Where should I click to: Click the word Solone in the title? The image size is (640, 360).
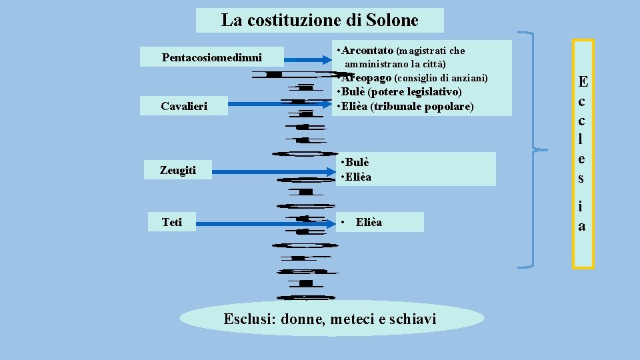point(392,20)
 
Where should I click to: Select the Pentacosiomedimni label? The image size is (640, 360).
point(212,57)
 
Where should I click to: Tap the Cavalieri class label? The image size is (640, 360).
point(184,106)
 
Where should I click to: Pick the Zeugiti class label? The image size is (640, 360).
point(178,171)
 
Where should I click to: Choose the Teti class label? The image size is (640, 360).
point(171,222)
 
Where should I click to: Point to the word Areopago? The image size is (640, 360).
point(369,78)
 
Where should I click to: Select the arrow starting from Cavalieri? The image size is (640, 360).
point(279,103)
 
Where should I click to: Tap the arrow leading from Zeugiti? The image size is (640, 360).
point(273,171)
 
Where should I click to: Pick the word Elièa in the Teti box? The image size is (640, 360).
point(369,222)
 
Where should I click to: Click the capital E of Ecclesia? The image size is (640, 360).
point(583,82)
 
